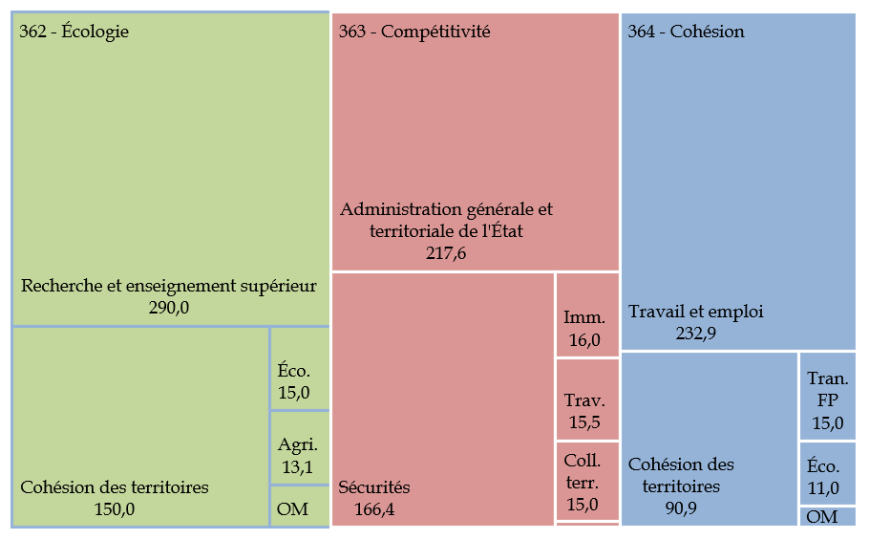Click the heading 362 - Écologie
point(74,32)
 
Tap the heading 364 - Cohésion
point(686,32)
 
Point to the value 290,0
point(169,307)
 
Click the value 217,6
point(446,253)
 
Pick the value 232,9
point(696,333)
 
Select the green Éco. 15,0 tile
point(300,369)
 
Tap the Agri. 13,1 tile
point(300,447)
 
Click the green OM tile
point(300,507)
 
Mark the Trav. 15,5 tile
point(587,400)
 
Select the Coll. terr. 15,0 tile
point(587,481)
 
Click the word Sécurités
point(374,487)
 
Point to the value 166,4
point(374,509)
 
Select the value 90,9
point(681,508)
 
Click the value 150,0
point(115,509)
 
